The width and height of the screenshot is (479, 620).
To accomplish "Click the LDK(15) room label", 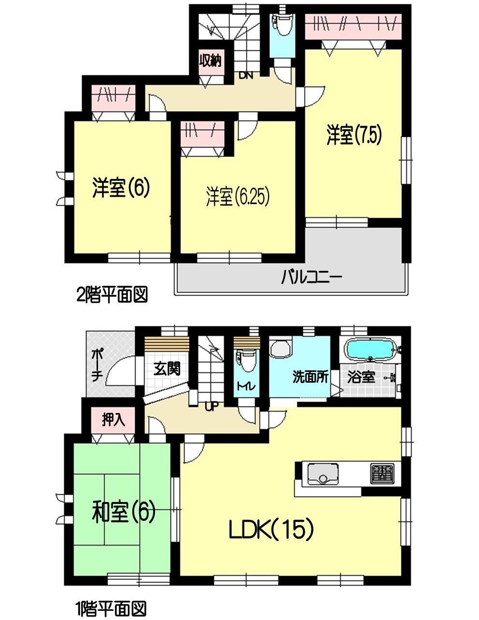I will point(271,530).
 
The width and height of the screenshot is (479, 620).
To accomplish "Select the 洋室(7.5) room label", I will point(354,135).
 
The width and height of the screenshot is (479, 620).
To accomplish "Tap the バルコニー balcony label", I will point(312,278).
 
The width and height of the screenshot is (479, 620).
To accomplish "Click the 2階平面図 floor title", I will point(112,295).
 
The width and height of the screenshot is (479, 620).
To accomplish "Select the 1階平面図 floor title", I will point(111,607).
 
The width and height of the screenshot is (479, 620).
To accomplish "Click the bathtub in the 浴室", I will point(371,349).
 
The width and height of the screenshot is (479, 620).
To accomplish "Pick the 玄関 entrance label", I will point(167,369).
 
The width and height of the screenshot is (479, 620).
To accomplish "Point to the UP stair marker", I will point(211,406).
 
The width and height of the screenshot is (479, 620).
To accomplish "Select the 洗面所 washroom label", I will point(310,377).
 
